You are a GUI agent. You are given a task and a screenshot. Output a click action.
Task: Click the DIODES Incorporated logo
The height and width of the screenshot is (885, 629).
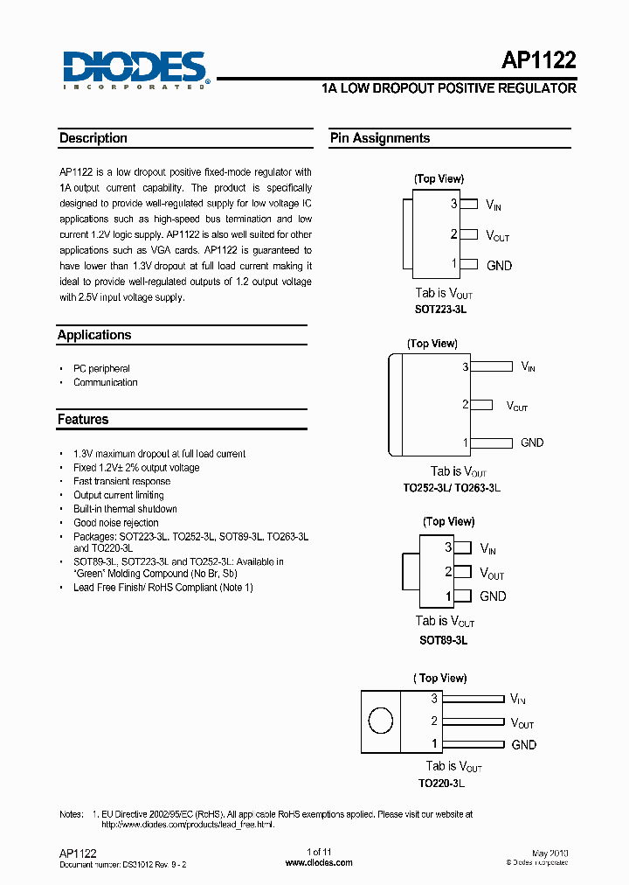pyautogui.click(x=135, y=68)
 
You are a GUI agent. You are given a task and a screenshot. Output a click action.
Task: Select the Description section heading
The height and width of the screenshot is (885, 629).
pyautogui.click(x=93, y=138)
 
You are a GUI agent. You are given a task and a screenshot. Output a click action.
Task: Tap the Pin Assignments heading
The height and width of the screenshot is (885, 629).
pyautogui.click(x=380, y=138)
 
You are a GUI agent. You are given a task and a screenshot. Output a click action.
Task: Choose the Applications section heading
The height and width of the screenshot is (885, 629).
pyautogui.click(x=94, y=335)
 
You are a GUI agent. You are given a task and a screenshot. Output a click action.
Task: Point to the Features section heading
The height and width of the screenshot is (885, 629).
pyautogui.click(x=83, y=420)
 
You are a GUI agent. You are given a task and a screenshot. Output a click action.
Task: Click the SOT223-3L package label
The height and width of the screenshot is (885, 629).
pyautogui.click(x=446, y=310)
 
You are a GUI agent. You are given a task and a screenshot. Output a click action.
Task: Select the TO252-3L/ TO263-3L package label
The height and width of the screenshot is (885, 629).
pyautogui.click(x=452, y=487)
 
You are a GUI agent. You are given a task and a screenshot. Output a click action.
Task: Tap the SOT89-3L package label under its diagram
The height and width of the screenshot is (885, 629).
pyautogui.click(x=444, y=639)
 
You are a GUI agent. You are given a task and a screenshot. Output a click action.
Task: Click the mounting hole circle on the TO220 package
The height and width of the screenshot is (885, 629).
pyautogui.click(x=381, y=721)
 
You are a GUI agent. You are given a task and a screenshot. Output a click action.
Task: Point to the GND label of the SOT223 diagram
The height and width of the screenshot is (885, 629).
pyautogui.click(x=499, y=265)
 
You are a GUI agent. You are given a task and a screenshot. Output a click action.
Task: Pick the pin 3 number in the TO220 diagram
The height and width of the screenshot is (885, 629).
pyautogui.click(x=434, y=699)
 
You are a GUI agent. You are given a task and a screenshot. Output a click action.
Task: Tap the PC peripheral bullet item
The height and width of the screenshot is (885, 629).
pyautogui.click(x=101, y=369)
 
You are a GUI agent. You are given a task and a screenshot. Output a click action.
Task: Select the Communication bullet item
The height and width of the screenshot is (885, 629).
pyautogui.click(x=106, y=382)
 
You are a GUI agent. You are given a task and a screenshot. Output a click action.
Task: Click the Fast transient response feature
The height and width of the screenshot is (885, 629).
pyautogui.click(x=122, y=481)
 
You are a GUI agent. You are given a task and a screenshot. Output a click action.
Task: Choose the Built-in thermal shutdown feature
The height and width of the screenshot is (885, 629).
pyautogui.click(x=125, y=509)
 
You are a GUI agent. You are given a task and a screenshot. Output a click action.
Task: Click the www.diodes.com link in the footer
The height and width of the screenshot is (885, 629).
pyautogui.click(x=320, y=862)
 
